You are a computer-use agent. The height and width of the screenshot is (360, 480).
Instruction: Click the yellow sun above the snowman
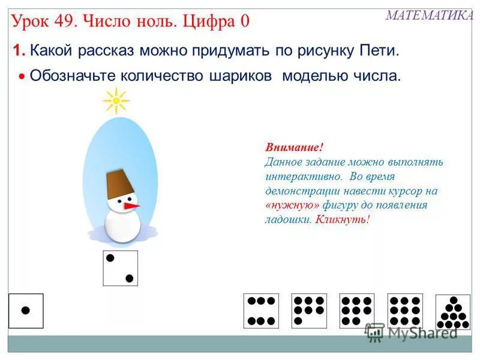116,101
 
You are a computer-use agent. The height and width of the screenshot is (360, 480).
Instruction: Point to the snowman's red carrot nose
132,206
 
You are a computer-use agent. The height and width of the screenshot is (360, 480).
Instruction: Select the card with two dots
120,268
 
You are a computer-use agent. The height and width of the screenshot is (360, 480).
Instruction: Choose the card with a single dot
26,311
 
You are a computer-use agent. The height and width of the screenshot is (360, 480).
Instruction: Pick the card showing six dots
261,311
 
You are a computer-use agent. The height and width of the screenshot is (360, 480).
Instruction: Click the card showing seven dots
309,311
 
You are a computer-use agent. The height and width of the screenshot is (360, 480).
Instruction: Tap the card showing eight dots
357,311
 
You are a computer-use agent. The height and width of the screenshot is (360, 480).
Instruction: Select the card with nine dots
405,311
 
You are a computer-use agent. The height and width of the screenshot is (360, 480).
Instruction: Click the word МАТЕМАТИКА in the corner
429,16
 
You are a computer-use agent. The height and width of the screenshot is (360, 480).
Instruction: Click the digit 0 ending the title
244,22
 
